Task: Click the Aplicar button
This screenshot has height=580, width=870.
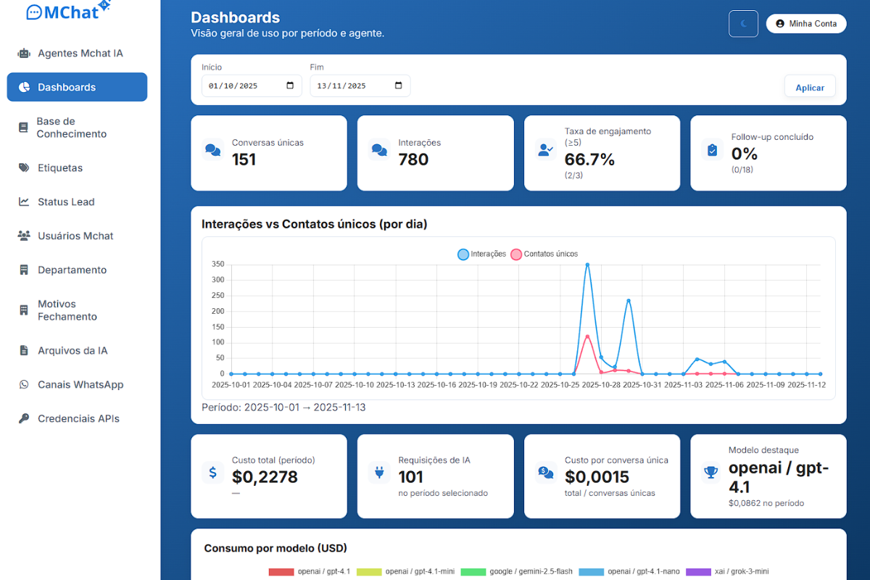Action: [810, 87]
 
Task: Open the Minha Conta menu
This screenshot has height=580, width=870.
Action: [806, 23]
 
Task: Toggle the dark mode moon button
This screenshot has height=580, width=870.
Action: [743, 23]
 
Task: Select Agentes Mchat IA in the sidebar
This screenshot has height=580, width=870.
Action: [80, 53]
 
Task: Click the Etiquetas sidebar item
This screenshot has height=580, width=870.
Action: [60, 167]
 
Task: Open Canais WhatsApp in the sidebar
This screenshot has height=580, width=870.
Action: [80, 384]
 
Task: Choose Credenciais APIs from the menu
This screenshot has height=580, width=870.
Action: [78, 418]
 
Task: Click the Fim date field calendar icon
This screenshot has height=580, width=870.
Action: [398, 86]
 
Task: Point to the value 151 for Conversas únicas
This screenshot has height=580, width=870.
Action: [244, 159]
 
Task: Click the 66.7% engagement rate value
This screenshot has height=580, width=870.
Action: [589, 159]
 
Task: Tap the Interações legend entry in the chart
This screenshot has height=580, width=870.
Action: [481, 254]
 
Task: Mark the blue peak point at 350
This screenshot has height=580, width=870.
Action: [587, 265]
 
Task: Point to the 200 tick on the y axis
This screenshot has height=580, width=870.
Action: [217, 311]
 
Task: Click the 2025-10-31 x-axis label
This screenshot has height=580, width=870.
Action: [642, 385]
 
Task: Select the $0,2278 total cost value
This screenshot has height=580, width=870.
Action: [265, 477]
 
